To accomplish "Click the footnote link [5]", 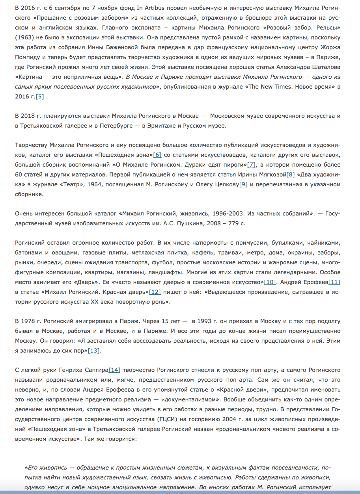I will [39, 97].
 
